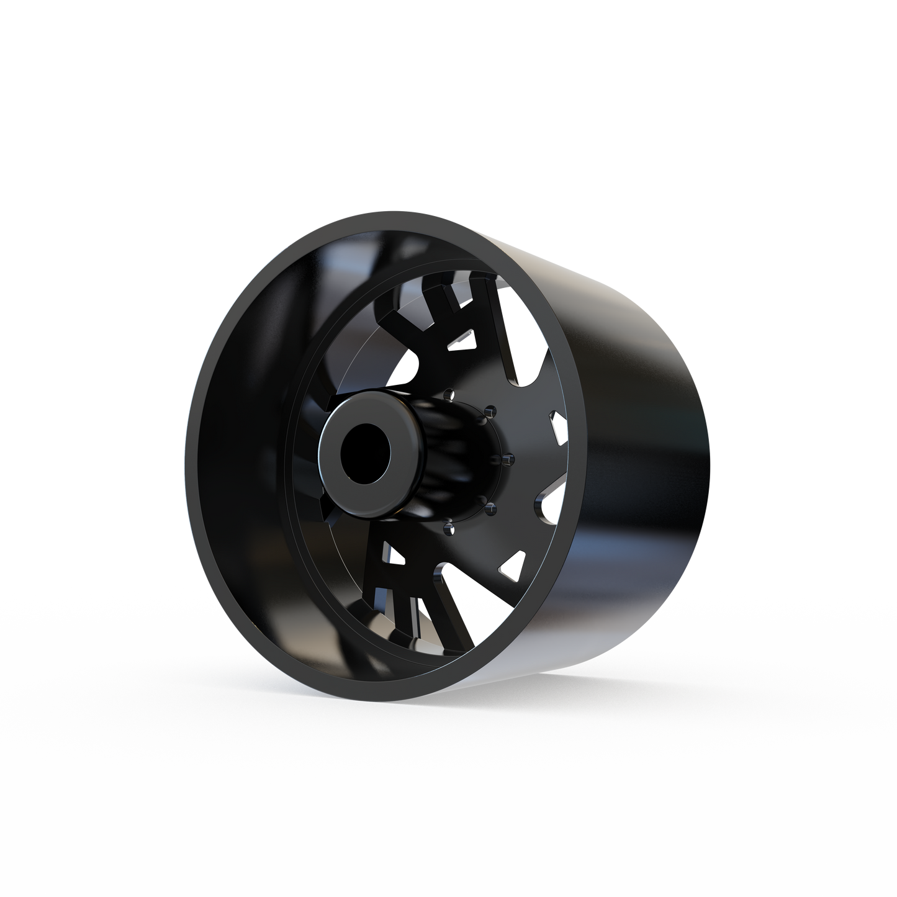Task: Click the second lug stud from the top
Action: (x=492, y=411)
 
